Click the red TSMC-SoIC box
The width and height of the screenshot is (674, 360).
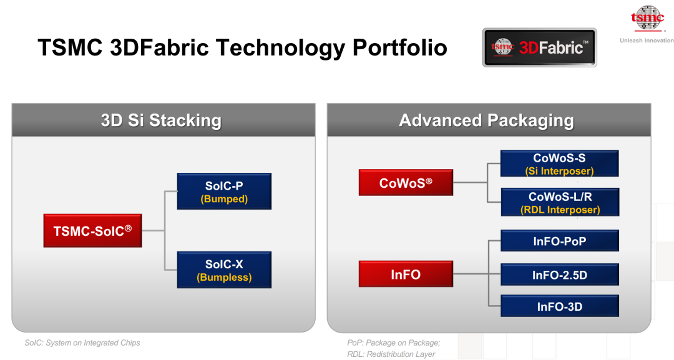click(x=92, y=231)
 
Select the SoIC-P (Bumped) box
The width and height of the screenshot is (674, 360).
click(x=224, y=191)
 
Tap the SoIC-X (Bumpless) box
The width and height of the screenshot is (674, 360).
click(x=224, y=270)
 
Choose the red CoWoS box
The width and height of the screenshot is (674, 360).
click(x=406, y=183)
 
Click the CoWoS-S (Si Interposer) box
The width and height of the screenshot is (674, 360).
click(x=559, y=163)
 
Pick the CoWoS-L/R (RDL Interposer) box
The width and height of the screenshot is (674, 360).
click(x=560, y=202)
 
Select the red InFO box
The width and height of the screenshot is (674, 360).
click(x=406, y=274)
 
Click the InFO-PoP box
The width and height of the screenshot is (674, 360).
click(x=559, y=241)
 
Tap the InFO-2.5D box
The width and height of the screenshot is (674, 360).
click(x=559, y=275)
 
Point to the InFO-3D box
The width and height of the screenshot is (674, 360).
click(x=559, y=306)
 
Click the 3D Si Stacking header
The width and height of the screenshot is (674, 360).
click(x=164, y=120)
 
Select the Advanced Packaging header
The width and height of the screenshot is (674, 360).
click(x=489, y=120)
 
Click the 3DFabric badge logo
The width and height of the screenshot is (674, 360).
click(x=539, y=47)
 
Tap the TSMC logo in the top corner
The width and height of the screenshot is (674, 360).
click(x=647, y=19)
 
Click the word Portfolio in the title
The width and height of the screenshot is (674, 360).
click(x=400, y=48)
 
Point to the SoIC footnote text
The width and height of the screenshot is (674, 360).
click(x=82, y=343)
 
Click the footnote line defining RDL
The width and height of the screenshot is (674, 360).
click(x=391, y=354)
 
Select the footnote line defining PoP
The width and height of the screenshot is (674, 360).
click(x=394, y=343)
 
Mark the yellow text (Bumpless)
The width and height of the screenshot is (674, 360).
click(x=224, y=277)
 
